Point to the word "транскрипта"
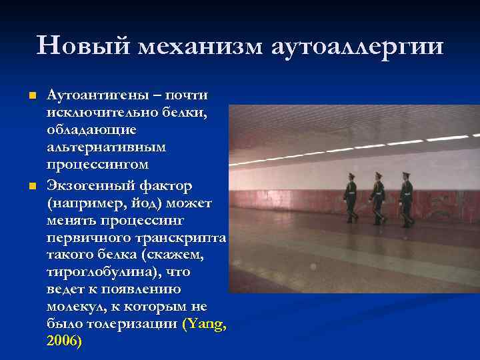[189, 238]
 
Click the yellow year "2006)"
[64, 341]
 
